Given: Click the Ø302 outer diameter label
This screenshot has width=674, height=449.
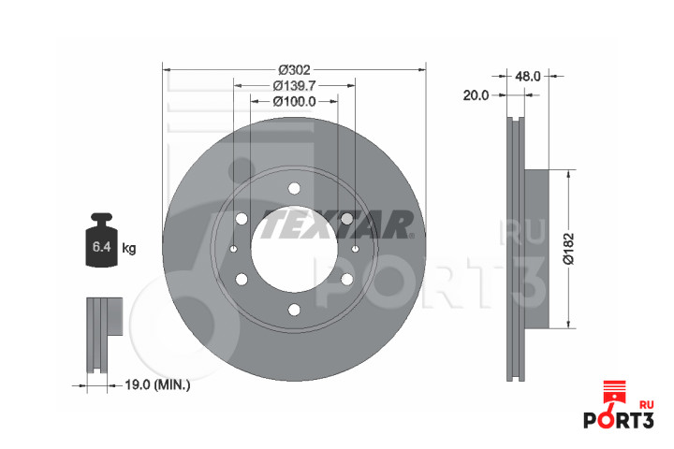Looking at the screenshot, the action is (294, 69).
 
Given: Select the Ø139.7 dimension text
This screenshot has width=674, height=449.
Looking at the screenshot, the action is (294, 85).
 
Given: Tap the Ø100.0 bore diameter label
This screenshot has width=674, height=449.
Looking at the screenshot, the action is (294, 101).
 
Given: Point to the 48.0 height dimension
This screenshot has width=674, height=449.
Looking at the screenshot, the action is (527, 76).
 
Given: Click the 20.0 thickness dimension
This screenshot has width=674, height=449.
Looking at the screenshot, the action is (476, 95).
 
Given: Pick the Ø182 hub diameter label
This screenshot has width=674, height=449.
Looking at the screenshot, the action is (569, 249).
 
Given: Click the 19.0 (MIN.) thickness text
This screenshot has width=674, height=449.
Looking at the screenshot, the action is (157, 384).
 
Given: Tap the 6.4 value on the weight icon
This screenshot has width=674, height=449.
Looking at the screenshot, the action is (102, 247).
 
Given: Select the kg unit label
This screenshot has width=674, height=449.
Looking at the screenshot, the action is (129, 248).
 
